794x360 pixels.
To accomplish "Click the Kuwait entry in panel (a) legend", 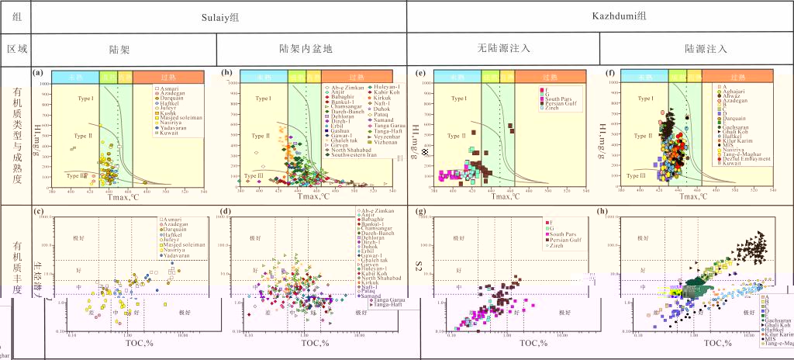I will coord(172,133).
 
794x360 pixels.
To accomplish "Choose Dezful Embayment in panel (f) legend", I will coord(741,159).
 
